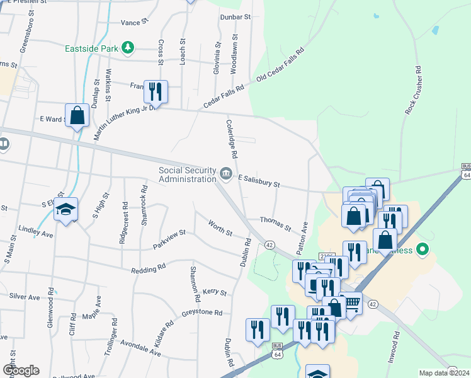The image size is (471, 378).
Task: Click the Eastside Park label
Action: pos(93,48)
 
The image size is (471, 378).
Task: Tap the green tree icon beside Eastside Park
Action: pos(128,48)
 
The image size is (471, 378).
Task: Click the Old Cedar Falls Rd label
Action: pos(280,65)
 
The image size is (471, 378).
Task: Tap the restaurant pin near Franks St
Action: pos(156,91)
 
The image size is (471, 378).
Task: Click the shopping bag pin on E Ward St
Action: pos(77,115)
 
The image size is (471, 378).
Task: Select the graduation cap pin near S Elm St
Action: pos(65,210)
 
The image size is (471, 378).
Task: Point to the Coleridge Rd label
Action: pos(231,138)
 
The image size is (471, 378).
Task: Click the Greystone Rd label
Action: pos(202,312)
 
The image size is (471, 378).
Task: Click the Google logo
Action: pos(21,370)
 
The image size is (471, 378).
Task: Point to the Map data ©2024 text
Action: pos(444,373)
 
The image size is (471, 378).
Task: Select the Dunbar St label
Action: pos(235,17)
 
